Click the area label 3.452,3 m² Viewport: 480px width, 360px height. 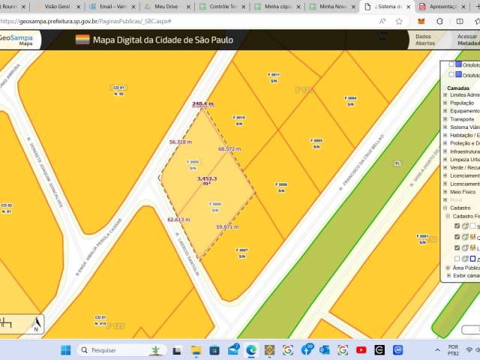[x=207, y=181]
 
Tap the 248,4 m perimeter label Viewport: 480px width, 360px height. [x=202, y=104]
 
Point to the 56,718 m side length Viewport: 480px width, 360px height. [x=181, y=142]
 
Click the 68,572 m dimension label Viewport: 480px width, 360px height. [x=229, y=149]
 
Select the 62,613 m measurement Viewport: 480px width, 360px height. [x=178, y=220]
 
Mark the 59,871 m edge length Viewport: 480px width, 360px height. [x=227, y=226]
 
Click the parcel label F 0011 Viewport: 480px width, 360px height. [x=274, y=77]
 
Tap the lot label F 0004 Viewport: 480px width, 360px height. [x=350, y=100]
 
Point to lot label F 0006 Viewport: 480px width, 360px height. [x=282, y=187]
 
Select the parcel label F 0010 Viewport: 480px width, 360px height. [x=239, y=120]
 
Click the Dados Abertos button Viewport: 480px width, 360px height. [x=424, y=40]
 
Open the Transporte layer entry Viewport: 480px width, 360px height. [x=461, y=119]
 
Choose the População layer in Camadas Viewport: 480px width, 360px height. [x=463, y=103]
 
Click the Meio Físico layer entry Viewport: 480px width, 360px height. [x=463, y=192]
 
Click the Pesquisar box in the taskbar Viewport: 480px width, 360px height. [x=112, y=350]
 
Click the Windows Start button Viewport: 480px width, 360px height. [x=64, y=350]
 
